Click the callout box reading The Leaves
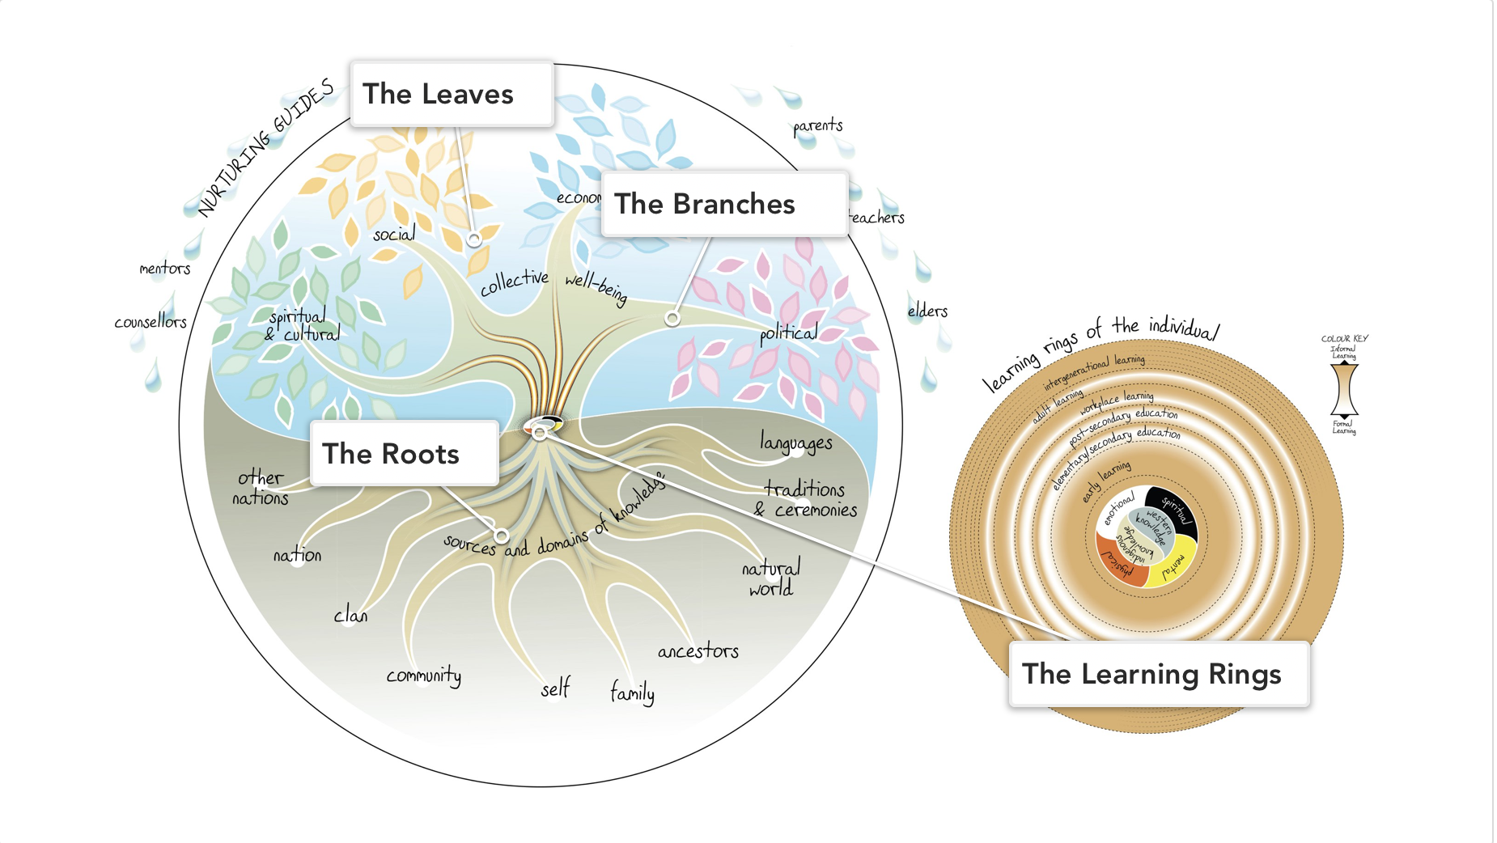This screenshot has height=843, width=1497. tap(452, 94)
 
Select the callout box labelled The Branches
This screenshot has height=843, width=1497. tap(724, 204)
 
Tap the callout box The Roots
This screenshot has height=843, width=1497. tap(404, 454)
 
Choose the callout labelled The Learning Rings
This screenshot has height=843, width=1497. tap(1158, 675)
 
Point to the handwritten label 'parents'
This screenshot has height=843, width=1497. tap(817, 126)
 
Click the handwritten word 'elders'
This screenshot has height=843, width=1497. tap(927, 311)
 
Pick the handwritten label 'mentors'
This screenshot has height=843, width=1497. tap(164, 269)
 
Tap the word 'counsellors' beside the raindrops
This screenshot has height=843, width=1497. tap(151, 322)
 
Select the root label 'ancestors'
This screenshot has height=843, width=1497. tap(698, 651)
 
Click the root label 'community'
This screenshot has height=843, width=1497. tap(423, 676)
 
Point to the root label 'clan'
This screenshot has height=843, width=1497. tap(350, 616)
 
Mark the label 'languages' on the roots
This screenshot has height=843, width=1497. tap(795, 443)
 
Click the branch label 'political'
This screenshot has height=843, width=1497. tap(788, 333)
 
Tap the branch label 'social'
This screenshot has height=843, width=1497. tap(394, 235)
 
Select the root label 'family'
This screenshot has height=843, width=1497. tap(632, 693)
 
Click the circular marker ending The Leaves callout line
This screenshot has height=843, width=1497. tap(474, 239)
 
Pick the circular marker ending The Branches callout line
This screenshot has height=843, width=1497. tap(672, 319)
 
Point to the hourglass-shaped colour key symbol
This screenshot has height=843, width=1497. tap(1344, 389)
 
